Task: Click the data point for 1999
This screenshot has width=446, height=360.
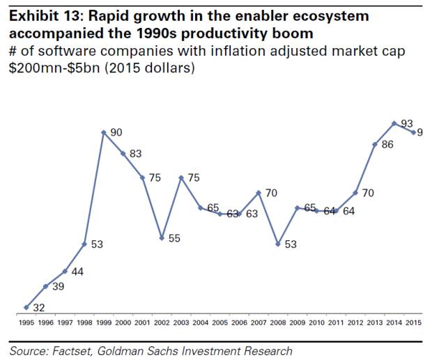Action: point(103,132)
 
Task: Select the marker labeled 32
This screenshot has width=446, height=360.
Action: point(26,307)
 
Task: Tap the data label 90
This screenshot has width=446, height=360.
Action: point(116,132)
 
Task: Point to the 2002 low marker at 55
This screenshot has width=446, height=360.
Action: point(162,238)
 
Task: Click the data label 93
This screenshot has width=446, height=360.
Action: point(408,123)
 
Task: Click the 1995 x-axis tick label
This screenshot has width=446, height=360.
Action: point(26,323)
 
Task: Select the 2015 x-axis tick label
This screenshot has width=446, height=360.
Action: point(414,323)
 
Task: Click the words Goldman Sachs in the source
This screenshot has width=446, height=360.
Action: point(144,351)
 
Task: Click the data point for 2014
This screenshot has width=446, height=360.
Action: point(395,123)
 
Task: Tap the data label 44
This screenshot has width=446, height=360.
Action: point(77,272)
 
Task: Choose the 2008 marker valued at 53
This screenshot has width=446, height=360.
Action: point(278,244)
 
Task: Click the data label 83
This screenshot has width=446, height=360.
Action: point(135,154)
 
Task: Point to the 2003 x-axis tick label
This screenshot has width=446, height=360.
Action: point(181,323)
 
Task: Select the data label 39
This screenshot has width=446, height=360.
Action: point(58,287)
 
